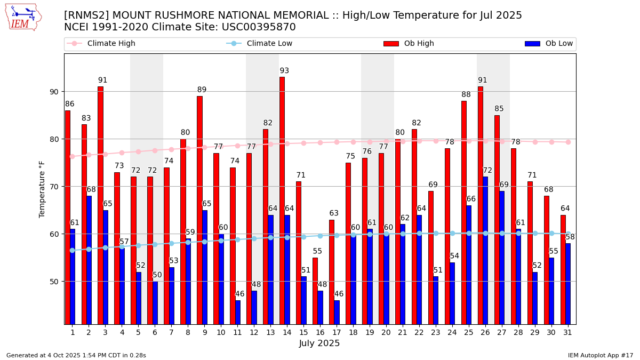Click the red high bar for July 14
[x=282, y=200]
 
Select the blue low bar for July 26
[x=485, y=250]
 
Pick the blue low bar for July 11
[x=238, y=312]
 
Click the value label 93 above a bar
[x=284, y=71]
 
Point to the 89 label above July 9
[x=202, y=90]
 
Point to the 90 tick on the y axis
[x=54, y=92]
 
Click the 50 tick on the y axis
[x=54, y=282]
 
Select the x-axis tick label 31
[x=566, y=332]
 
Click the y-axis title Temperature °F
[x=42, y=189]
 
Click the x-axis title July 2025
[x=319, y=343]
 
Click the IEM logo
[x=23, y=17]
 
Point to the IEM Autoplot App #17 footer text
[x=600, y=355]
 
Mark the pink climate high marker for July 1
[x=73, y=156]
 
